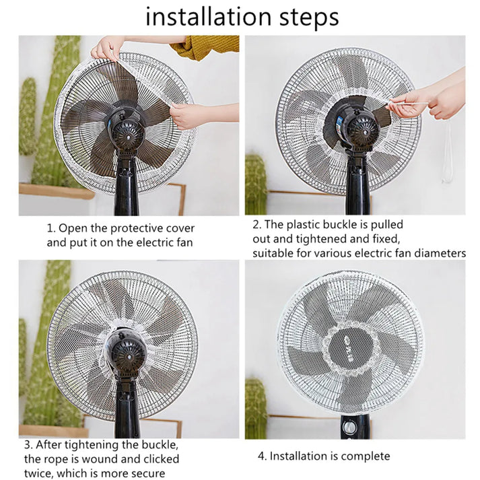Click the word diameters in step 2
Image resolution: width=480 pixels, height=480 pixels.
pyautogui.click(x=438, y=253)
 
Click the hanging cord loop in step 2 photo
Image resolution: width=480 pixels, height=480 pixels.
pyautogui.click(x=447, y=155)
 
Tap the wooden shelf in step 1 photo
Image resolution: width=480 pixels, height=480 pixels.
pyautogui.click(x=57, y=191)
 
